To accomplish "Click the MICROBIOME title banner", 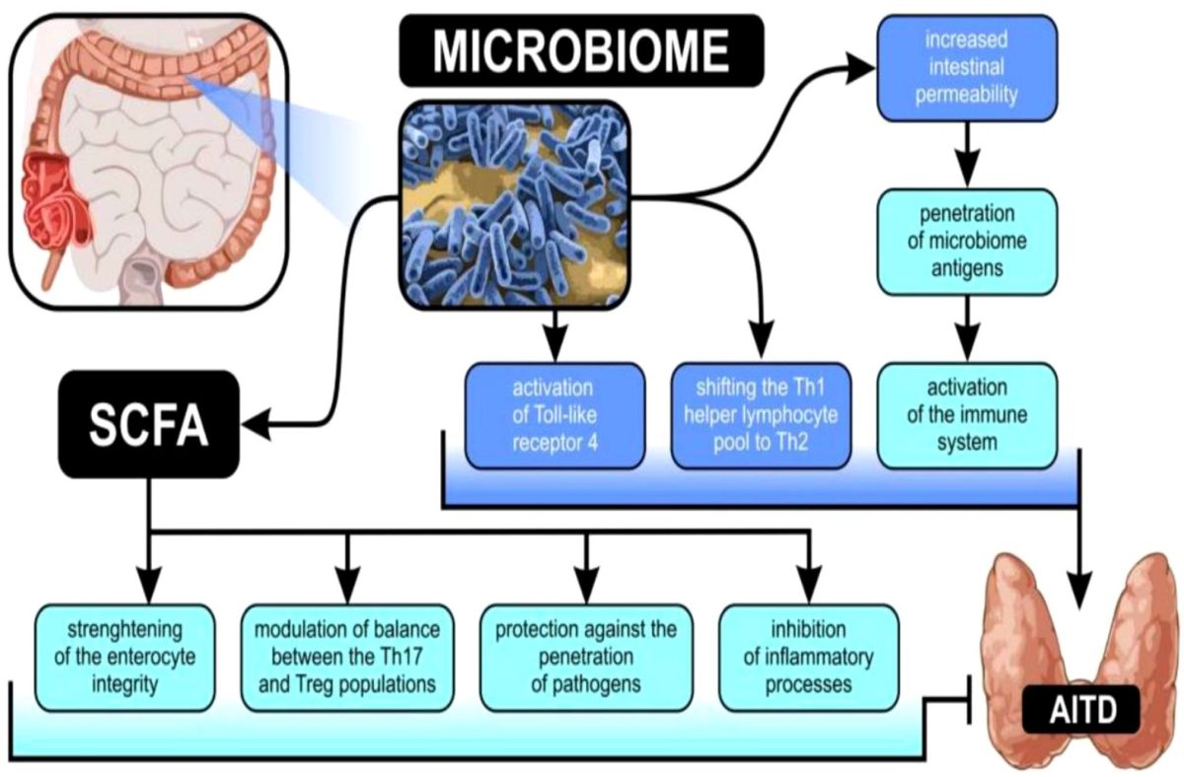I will (581, 50).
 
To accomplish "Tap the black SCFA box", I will (148, 424).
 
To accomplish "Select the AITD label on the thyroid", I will (1082, 706).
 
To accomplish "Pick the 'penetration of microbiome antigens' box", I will (966, 242).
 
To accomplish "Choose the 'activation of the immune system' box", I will (966, 414).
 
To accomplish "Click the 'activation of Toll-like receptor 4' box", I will (554, 414).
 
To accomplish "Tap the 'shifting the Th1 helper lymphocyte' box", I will (760, 414).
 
